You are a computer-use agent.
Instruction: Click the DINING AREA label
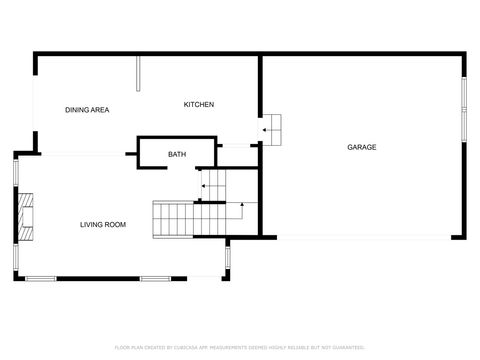[x=87, y=109]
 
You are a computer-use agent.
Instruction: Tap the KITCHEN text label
[x=198, y=105]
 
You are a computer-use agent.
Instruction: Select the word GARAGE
[x=361, y=147]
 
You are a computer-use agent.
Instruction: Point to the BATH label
[x=177, y=154]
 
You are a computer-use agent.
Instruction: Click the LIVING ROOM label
[x=103, y=224]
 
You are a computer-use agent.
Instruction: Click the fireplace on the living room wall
[x=29, y=216]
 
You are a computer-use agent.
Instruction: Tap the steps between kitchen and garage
[x=272, y=128]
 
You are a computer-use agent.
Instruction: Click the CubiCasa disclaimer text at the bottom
[x=239, y=348]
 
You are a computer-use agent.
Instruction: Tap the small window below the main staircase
[x=228, y=258]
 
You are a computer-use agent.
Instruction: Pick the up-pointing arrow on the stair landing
[x=242, y=207]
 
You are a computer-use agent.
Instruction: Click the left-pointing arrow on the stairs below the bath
[x=207, y=185]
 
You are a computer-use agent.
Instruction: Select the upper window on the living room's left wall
[x=15, y=171]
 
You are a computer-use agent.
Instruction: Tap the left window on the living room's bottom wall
[x=40, y=278]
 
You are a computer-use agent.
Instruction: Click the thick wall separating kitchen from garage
[x=261, y=95]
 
